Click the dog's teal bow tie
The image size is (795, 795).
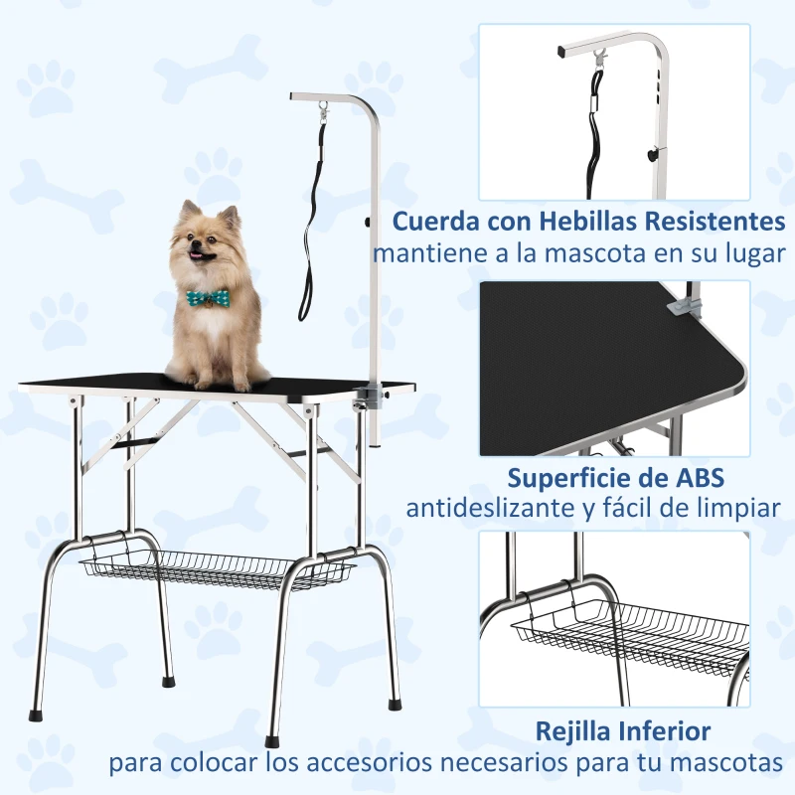[x=209, y=298]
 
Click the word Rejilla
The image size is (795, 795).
[x=575, y=732]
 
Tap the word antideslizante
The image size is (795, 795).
[x=487, y=509]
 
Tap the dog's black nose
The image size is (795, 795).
[x=200, y=248]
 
